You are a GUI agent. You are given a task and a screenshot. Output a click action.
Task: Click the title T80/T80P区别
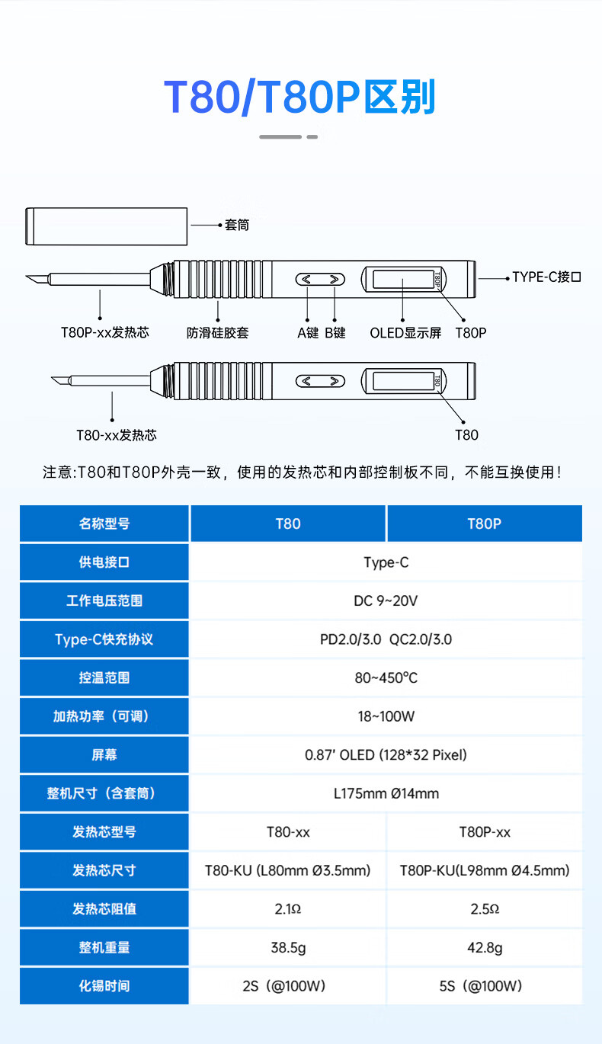pos(299,97)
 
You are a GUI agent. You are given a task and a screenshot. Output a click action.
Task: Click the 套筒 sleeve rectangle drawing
pos(106,226)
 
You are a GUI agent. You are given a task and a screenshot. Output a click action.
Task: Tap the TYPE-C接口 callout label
pos(546,277)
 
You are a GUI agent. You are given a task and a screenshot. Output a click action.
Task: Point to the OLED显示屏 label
pos(405,333)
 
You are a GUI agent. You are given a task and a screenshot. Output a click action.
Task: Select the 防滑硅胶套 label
pos(218,333)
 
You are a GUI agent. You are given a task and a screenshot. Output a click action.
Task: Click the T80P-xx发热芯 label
pos(105,332)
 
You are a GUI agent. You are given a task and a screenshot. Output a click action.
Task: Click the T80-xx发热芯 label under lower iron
pos(117,435)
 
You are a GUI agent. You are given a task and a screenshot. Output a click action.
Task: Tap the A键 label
pos(308,333)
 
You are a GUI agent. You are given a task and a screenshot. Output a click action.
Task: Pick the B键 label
pos(335,333)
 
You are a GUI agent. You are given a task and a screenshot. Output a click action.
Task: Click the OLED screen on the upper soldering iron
pos(403,279)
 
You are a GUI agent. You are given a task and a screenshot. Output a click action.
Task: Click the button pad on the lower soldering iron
pos(321,381)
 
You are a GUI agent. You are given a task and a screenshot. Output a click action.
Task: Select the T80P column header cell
pos(485,524)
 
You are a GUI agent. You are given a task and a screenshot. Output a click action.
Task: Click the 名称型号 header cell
pos(104,524)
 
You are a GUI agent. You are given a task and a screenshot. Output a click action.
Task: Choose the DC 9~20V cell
pos(386,600)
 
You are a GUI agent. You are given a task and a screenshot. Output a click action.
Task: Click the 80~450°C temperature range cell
pos(386,677)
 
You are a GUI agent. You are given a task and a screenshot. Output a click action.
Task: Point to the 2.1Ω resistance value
pos(288,909)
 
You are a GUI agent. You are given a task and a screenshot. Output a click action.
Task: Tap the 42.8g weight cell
pos(485,947)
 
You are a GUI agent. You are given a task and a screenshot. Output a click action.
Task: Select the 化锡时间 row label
pos(104,986)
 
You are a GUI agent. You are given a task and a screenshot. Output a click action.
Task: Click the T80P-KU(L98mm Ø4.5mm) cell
pos(485,870)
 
